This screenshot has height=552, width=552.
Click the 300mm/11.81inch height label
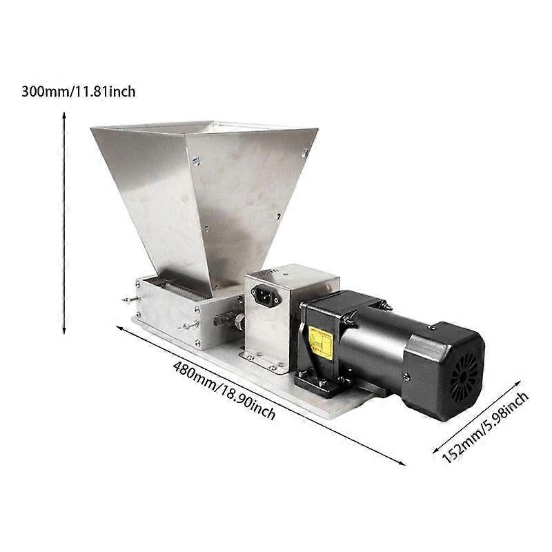[x=79, y=92]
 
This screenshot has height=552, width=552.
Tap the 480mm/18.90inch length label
[x=224, y=391]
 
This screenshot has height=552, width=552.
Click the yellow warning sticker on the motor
[x=320, y=342]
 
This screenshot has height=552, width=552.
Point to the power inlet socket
[x=266, y=295]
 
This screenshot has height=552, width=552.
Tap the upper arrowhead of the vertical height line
[x=64, y=115]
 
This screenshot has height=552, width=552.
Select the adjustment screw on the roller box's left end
[x=130, y=299]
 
